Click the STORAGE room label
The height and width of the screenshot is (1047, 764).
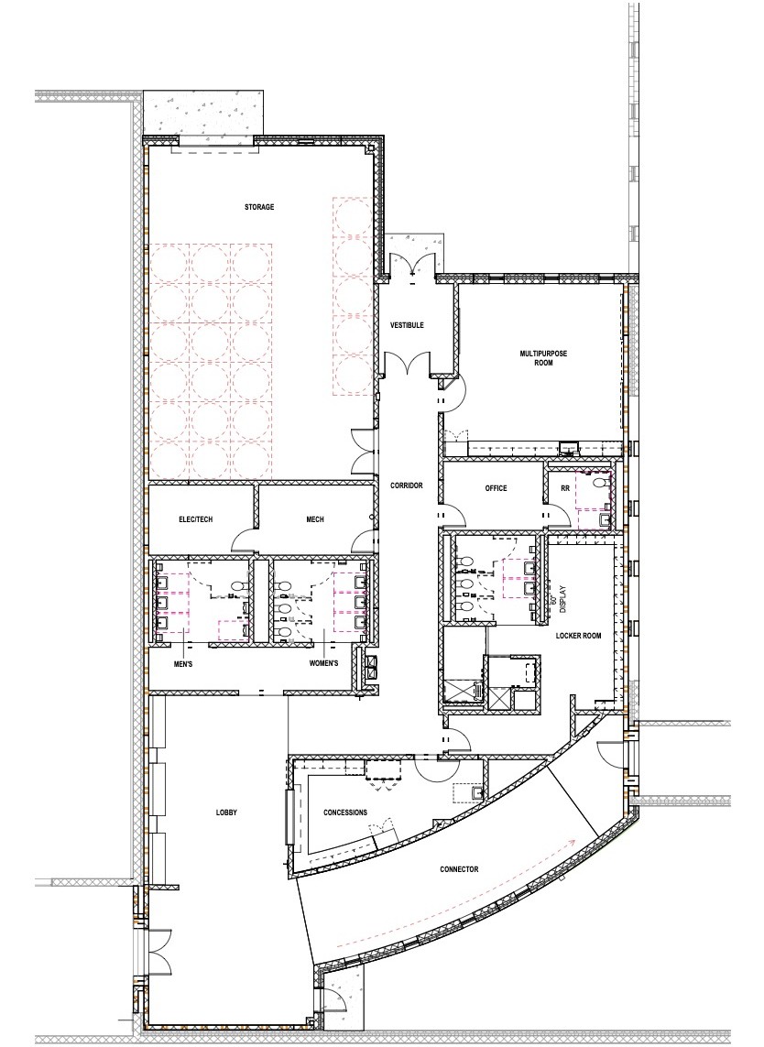(x=259, y=207)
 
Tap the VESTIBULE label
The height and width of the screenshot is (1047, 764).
(x=406, y=325)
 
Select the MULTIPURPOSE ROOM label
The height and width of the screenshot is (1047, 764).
(x=537, y=357)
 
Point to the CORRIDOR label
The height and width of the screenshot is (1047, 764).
(x=406, y=485)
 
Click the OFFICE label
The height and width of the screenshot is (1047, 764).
(x=496, y=489)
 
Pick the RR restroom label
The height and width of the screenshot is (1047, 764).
(x=565, y=489)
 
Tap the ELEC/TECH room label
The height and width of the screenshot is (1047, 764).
(x=196, y=519)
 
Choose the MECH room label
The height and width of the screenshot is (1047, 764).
(x=315, y=519)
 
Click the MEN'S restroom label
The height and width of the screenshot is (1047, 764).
(x=183, y=662)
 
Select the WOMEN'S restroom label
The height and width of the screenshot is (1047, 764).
(x=322, y=662)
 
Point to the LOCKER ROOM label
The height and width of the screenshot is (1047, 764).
(x=578, y=635)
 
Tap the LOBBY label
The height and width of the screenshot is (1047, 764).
(x=227, y=812)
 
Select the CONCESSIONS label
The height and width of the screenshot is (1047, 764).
(x=345, y=813)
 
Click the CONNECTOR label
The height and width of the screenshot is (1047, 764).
(x=458, y=869)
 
